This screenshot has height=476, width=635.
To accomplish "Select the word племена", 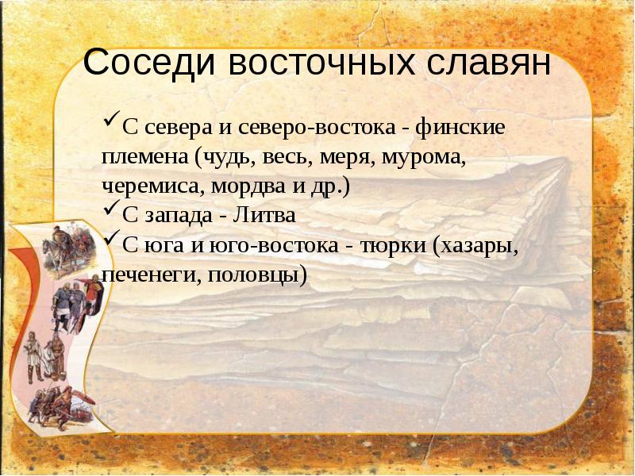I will point(143,158).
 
